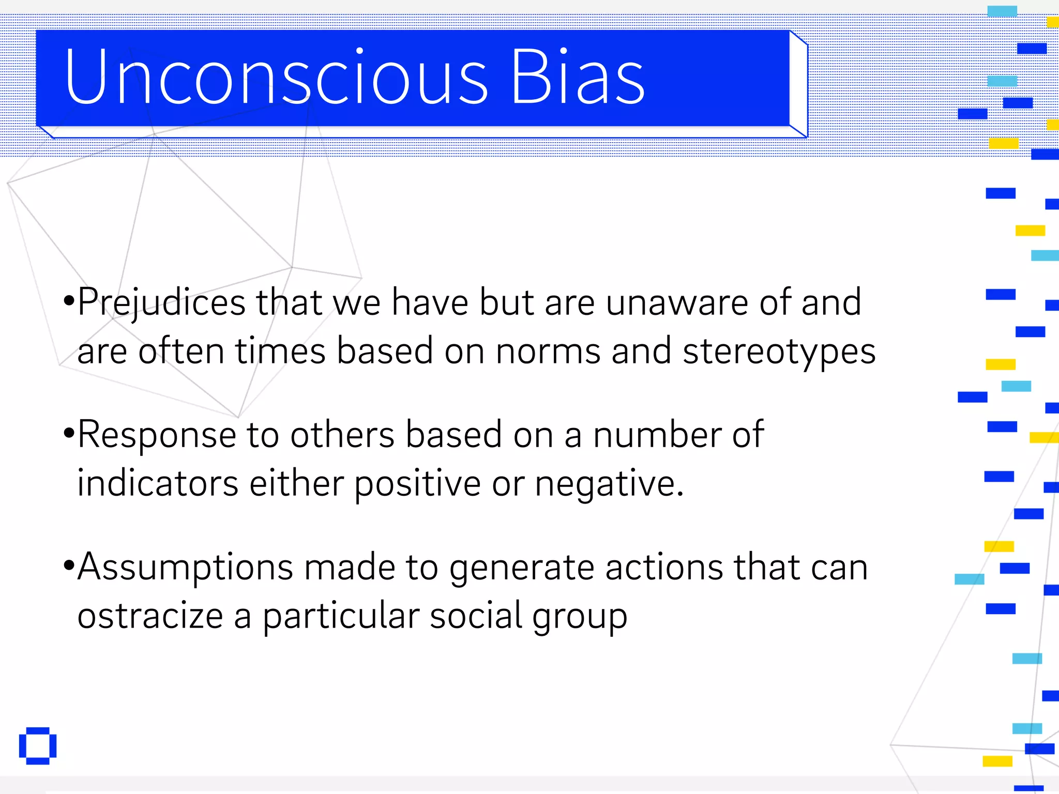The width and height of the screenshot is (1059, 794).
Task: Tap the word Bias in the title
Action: coord(578,78)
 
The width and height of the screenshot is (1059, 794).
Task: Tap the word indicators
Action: coord(158,483)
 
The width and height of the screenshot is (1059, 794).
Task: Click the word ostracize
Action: coord(150,616)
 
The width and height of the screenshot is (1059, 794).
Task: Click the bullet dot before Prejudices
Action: coord(69,300)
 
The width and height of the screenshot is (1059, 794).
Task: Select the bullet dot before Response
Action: coord(69,432)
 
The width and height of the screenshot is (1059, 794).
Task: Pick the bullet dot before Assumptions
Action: coord(69,564)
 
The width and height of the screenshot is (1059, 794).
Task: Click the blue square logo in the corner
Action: coord(38,746)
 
